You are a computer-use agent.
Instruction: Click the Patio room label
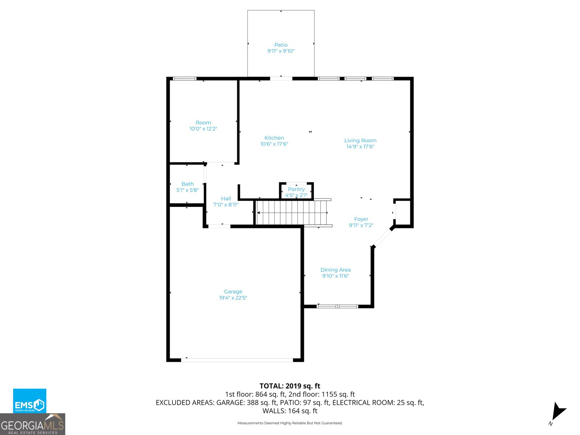[x=281, y=45]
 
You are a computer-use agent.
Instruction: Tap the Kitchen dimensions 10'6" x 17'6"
[x=274, y=144]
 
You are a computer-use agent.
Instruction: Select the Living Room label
[x=360, y=141]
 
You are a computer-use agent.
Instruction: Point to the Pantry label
[x=296, y=189]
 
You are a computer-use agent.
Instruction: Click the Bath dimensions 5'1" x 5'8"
[x=187, y=190]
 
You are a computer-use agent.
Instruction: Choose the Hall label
[x=226, y=199]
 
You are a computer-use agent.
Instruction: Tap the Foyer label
[x=361, y=219]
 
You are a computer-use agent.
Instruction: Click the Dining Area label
[x=335, y=270]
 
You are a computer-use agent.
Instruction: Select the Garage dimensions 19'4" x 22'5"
[x=233, y=298]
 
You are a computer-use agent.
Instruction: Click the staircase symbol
[x=292, y=213]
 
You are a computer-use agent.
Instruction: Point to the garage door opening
[x=237, y=360]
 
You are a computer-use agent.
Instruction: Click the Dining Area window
[x=337, y=306]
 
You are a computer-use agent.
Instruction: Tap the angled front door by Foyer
[x=382, y=238]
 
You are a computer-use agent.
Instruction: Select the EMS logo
[x=30, y=401]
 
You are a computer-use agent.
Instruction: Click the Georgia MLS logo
[x=32, y=424]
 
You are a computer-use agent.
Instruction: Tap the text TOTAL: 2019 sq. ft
[x=290, y=386]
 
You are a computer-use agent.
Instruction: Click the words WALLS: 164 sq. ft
[x=290, y=411]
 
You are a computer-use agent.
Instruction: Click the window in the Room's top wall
[x=184, y=79]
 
